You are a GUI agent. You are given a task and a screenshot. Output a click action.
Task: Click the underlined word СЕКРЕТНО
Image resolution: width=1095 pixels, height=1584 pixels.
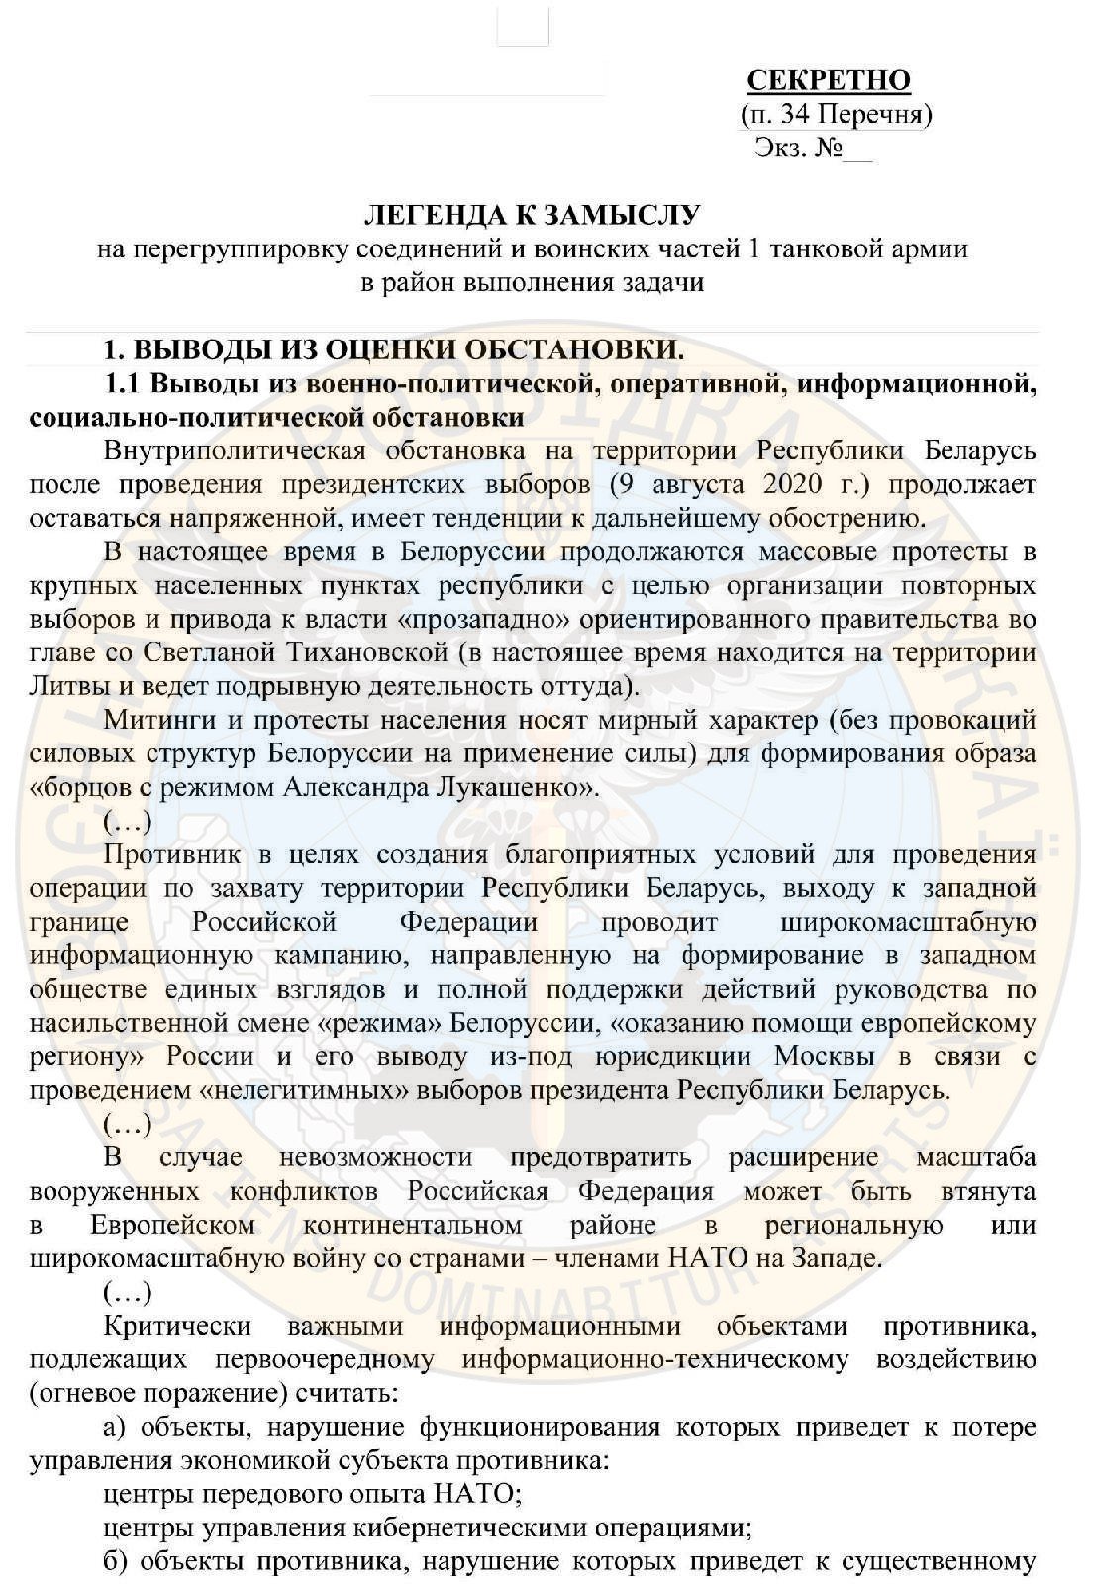pyautogui.click(x=828, y=80)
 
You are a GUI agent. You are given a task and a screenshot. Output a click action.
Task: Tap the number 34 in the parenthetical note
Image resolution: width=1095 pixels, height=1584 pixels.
pyautogui.click(x=795, y=115)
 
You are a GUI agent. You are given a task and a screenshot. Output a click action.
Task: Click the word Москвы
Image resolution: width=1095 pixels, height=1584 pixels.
pyautogui.click(x=824, y=1056)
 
